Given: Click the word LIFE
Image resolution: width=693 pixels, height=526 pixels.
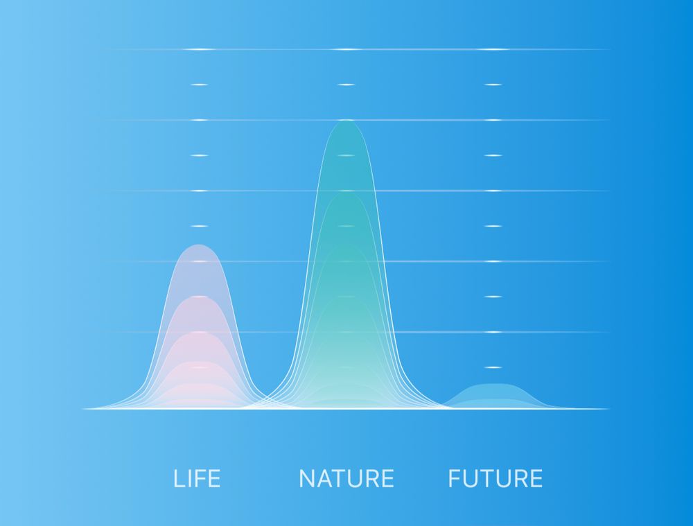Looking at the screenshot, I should tap(197, 478).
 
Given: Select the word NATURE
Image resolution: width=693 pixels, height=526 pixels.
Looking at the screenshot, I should tap(346, 478).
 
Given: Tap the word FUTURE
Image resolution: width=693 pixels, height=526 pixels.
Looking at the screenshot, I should tap(495, 478).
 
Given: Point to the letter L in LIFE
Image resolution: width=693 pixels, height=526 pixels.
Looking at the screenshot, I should tap(179, 478).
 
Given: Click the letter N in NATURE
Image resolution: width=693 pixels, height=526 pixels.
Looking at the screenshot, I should tap(307, 478).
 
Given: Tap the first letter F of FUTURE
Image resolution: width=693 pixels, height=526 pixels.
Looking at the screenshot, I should tap(455, 478).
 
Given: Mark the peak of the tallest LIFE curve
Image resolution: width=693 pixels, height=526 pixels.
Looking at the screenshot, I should tap(199, 245).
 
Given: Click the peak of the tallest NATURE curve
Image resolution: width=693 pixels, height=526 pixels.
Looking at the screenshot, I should tap(346, 120).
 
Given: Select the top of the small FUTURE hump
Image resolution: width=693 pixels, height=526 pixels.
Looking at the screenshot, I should tap(493, 383).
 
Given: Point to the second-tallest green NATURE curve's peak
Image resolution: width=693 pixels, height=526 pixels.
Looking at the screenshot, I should tap(346, 192).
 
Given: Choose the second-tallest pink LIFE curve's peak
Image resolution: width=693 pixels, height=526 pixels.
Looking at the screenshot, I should tap(199, 297).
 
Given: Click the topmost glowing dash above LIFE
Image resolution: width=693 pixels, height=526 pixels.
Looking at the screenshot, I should tap(199, 49).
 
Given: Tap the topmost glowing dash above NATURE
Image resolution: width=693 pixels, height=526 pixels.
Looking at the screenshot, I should tap(346, 49).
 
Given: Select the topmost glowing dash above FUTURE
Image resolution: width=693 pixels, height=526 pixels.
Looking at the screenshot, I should tap(493, 49).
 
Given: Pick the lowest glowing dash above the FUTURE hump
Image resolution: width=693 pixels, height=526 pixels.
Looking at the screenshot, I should tap(493, 367).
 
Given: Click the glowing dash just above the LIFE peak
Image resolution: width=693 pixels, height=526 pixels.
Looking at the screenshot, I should tap(199, 226).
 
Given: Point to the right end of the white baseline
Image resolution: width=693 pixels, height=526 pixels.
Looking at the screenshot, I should tap(608, 409).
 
